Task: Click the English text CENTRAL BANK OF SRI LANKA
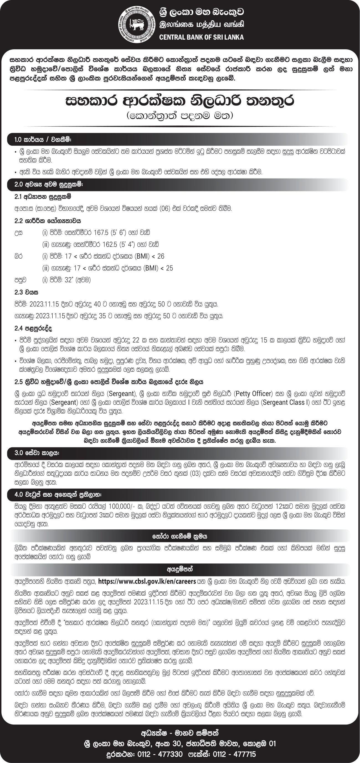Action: coord(202,37)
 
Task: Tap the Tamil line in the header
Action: coord(202,25)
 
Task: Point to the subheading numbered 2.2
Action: coord(48,221)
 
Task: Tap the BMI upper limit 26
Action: coord(161,256)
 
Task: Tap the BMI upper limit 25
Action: coord(169,268)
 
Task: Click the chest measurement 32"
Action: coord(68,280)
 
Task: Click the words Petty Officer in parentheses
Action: coord(254,394)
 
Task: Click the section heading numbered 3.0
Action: coord(37,453)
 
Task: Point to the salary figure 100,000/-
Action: coord(124,506)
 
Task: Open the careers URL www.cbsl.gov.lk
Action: coord(147,581)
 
